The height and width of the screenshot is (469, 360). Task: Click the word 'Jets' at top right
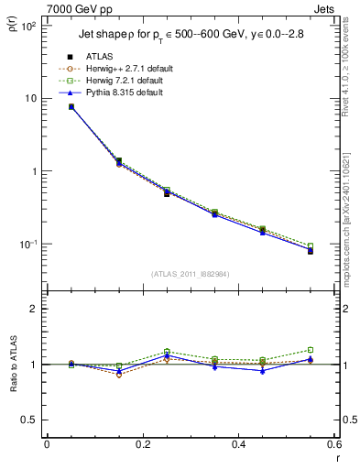tap(325, 7)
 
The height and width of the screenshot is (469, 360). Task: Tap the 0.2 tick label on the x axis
tap(142, 444)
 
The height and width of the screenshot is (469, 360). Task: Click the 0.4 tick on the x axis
tap(238, 444)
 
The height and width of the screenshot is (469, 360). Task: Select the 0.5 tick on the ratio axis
tap(29, 420)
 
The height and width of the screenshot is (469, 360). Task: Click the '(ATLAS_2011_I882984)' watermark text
tap(190, 274)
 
